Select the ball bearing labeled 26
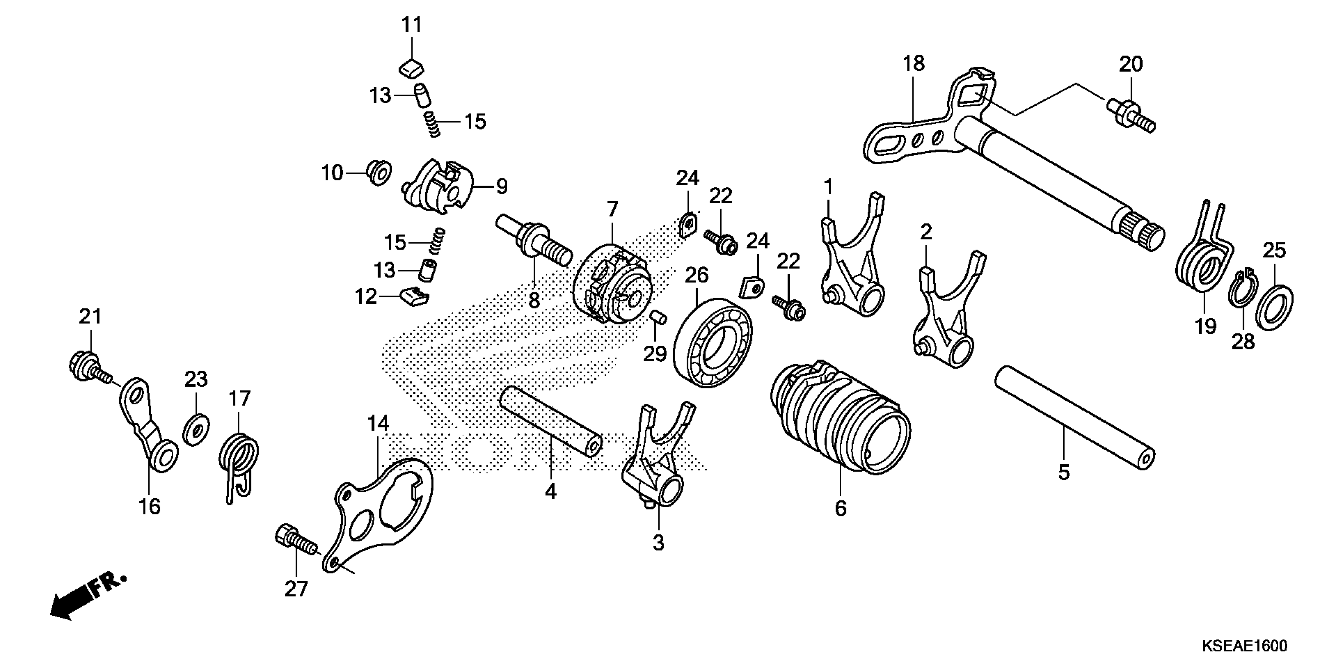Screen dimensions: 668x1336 714,343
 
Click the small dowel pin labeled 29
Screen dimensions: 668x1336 658,317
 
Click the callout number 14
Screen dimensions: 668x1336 378,424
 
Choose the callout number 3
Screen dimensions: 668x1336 658,543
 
